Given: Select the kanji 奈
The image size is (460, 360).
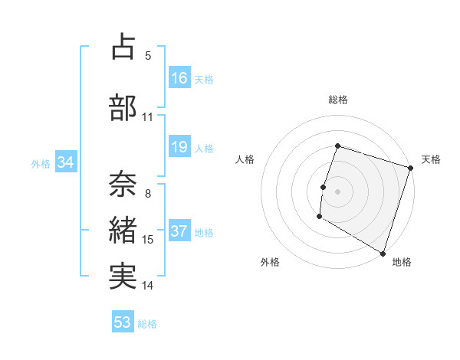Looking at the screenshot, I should pos(123,182).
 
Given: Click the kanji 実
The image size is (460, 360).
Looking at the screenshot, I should pos(123,276).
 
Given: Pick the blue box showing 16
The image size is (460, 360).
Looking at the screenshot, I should pos(179,77).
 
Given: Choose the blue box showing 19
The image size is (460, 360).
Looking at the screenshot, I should pos(179,147).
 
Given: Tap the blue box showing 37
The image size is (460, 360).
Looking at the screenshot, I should pos(179,232).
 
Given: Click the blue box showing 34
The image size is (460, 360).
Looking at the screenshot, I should pos(65,162).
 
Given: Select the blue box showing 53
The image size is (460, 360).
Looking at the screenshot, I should pos(123,322).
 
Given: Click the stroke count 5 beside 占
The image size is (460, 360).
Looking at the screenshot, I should pos(148,56).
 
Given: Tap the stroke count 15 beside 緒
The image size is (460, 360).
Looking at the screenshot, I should pos(148,240).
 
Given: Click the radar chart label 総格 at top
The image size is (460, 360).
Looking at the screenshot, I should pos(338,100).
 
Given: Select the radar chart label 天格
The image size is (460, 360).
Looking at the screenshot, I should pos(431,159).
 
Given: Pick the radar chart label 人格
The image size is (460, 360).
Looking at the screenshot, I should pos(245,159).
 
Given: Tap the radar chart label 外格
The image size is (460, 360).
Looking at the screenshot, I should pos(270,262).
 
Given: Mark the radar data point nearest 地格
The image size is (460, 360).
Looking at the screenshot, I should pos(382,252).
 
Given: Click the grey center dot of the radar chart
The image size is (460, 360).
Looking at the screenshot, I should pos(337,191).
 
